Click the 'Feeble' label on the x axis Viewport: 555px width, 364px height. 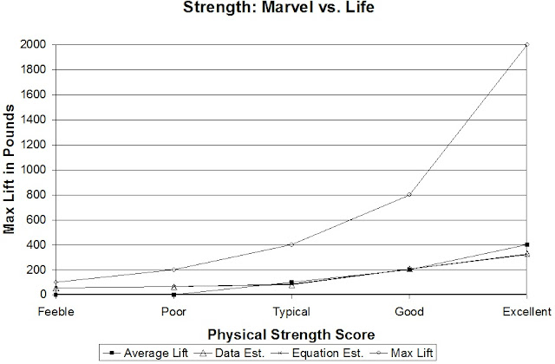click(55, 310)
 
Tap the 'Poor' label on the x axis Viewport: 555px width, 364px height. click(173, 310)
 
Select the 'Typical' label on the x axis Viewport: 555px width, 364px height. click(291, 310)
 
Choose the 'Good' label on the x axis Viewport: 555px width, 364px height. click(408, 310)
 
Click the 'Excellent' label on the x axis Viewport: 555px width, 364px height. click(526, 310)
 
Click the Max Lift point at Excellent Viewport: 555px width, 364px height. click(526, 44)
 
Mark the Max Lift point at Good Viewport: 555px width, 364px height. click(408, 194)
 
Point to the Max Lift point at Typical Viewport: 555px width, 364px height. click(291, 244)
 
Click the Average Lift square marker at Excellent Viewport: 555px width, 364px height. click(526, 244)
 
